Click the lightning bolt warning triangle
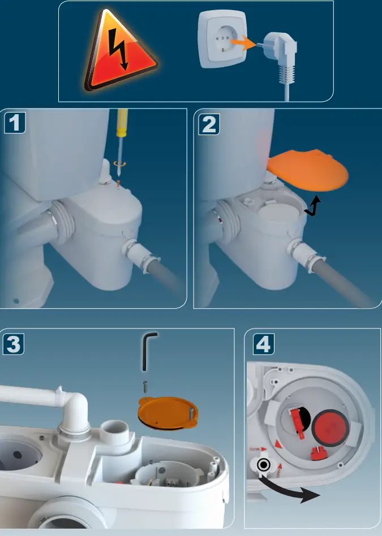[120, 52]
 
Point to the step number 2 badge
[209, 124]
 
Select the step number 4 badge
[262, 343]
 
